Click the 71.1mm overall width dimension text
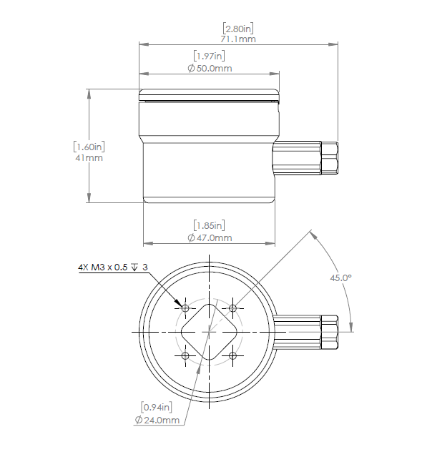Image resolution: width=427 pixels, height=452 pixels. pos(238,39)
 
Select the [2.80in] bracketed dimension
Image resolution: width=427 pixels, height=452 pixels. pos(238,29)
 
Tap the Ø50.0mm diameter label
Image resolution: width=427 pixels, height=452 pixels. pos(210,68)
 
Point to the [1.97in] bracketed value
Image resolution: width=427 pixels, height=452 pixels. pos(210,56)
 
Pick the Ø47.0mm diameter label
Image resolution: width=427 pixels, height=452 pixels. pos(210,237)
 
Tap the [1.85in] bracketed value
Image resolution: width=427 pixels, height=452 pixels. pos(210,225)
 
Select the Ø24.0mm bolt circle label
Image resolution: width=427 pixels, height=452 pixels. pos(157,420)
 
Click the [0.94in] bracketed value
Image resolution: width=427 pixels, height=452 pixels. pos(156,408)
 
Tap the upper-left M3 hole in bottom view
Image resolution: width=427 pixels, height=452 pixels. pos(185,308)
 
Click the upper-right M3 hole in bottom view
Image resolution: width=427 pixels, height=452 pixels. pos(232,308)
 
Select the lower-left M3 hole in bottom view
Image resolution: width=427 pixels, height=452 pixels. pos(185,355)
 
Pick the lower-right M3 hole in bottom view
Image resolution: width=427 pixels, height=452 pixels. pos(232,355)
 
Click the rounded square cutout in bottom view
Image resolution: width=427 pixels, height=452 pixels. pos(209,332)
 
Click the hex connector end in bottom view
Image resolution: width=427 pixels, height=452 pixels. pos(330,333)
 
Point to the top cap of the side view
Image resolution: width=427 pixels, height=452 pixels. pos(207,94)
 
